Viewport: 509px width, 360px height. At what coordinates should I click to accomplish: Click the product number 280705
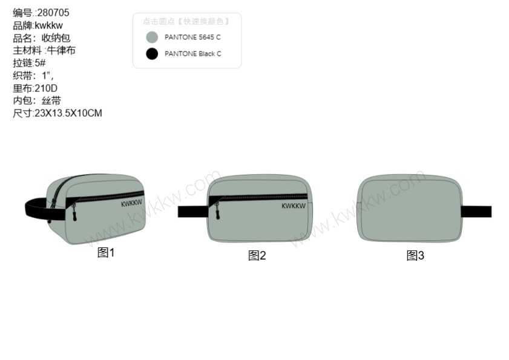53,13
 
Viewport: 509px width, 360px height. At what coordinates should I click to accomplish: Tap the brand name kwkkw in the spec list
48,25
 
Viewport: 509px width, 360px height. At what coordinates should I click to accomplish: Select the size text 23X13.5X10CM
68,113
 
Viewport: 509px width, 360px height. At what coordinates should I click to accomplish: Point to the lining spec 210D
46,88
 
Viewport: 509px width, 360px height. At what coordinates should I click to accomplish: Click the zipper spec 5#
40,63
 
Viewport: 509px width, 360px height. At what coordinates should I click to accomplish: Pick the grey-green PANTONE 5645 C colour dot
152,38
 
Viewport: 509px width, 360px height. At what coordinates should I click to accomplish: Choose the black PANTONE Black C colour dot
152,54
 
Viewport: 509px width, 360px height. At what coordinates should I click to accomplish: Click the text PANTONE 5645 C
192,38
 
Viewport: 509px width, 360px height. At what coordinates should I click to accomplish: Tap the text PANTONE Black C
193,54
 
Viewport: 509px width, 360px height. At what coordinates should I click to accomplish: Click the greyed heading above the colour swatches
186,21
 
